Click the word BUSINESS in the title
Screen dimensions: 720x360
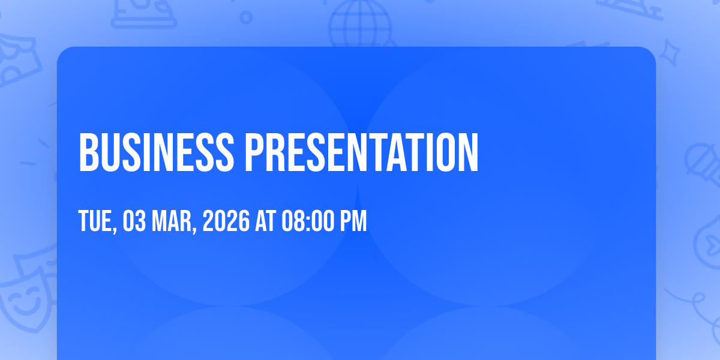[156, 152]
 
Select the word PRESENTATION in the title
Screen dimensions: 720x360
[362, 152]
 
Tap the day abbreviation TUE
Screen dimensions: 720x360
[95, 221]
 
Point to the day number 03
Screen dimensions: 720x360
[134, 221]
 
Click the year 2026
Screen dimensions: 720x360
[226, 221]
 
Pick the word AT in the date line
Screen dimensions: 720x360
[265, 221]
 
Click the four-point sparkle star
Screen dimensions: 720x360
[670, 53]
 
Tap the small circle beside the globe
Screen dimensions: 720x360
[246, 17]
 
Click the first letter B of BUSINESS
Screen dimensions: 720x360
[88, 152]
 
